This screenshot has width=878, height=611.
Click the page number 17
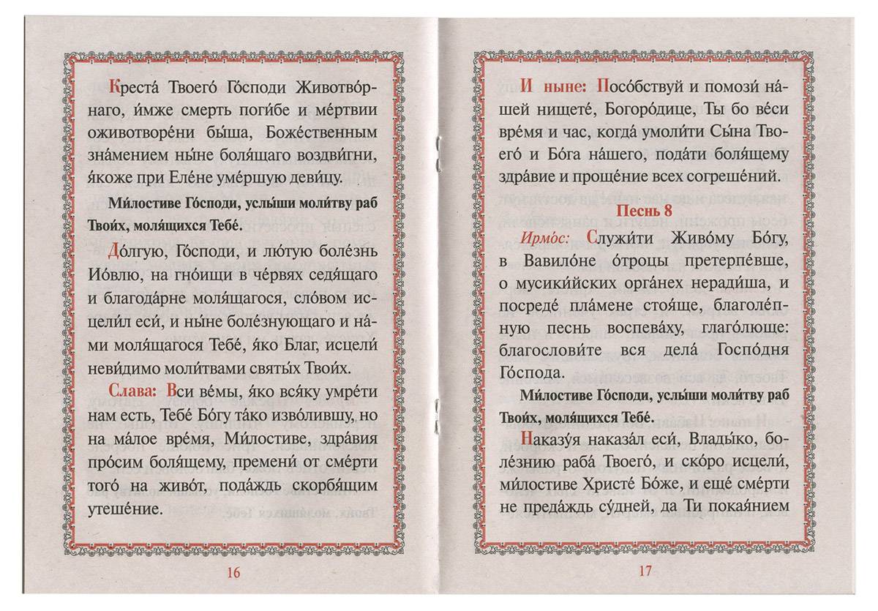tap(645, 572)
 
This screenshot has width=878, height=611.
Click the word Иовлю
tap(132, 274)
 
